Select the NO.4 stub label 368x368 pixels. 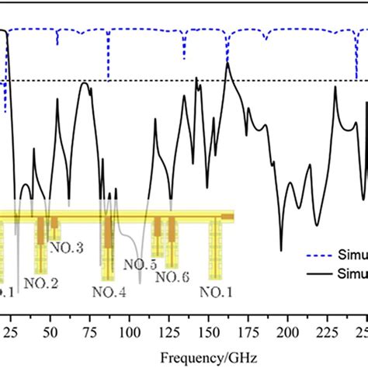pyautogui.click(x=108, y=292)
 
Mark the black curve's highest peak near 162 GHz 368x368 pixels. pyautogui.click(x=227, y=63)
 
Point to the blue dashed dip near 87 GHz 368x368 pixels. pyautogui.click(x=108, y=78)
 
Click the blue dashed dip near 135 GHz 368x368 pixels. pyautogui.click(x=184, y=58)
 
